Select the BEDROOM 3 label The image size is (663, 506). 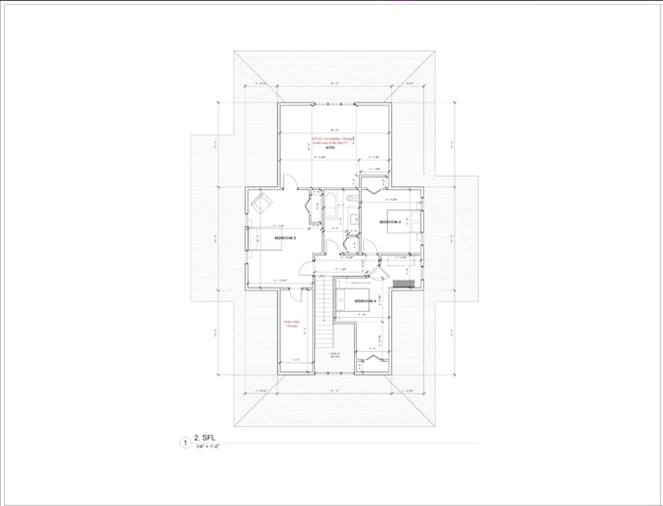point(390,222)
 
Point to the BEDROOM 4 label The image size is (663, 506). point(365,302)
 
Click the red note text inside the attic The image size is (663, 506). point(331,140)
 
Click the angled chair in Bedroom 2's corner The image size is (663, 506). point(262,204)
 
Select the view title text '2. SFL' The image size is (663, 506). point(206,441)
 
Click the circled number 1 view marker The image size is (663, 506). point(178,444)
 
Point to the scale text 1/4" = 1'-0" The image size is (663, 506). point(207,449)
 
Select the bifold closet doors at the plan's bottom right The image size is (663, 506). point(371,362)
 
